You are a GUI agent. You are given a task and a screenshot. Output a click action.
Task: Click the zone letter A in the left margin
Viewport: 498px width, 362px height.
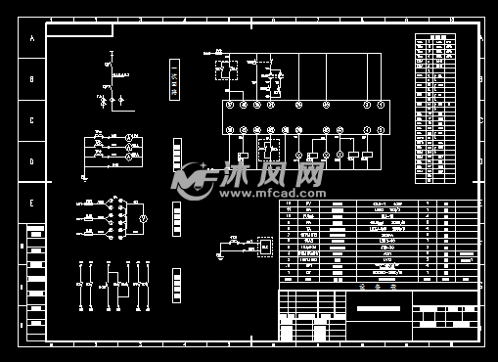click(x=31, y=39)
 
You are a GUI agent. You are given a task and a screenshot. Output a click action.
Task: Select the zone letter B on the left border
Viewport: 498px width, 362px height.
click(x=31, y=80)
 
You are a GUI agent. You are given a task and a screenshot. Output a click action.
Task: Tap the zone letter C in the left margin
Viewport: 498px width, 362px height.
click(x=31, y=121)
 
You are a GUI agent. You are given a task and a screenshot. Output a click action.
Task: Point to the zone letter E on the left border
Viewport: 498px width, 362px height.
click(x=31, y=204)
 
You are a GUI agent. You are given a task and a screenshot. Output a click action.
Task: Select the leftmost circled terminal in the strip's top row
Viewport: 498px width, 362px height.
click(x=229, y=104)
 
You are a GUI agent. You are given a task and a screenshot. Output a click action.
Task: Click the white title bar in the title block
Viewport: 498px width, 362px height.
click(x=373, y=309)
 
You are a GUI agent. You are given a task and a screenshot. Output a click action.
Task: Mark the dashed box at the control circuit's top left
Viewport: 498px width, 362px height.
click(x=226, y=68)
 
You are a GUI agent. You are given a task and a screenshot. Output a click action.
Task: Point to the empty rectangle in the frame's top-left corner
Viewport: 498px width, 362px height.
click(x=79, y=30)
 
